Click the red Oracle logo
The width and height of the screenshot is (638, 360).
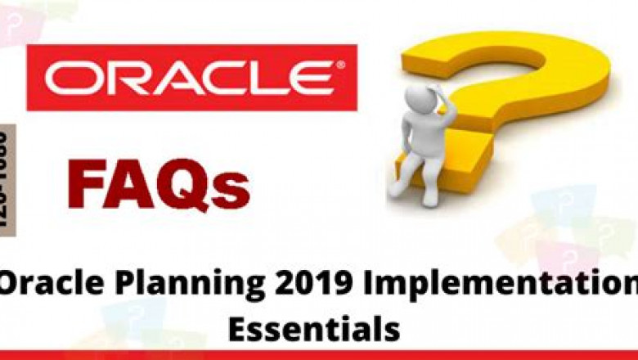pos(191,78)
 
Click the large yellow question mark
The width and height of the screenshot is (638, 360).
pos(523,90)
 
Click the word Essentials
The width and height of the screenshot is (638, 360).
pos(314,330)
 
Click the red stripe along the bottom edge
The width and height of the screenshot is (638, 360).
pos(319,355)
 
